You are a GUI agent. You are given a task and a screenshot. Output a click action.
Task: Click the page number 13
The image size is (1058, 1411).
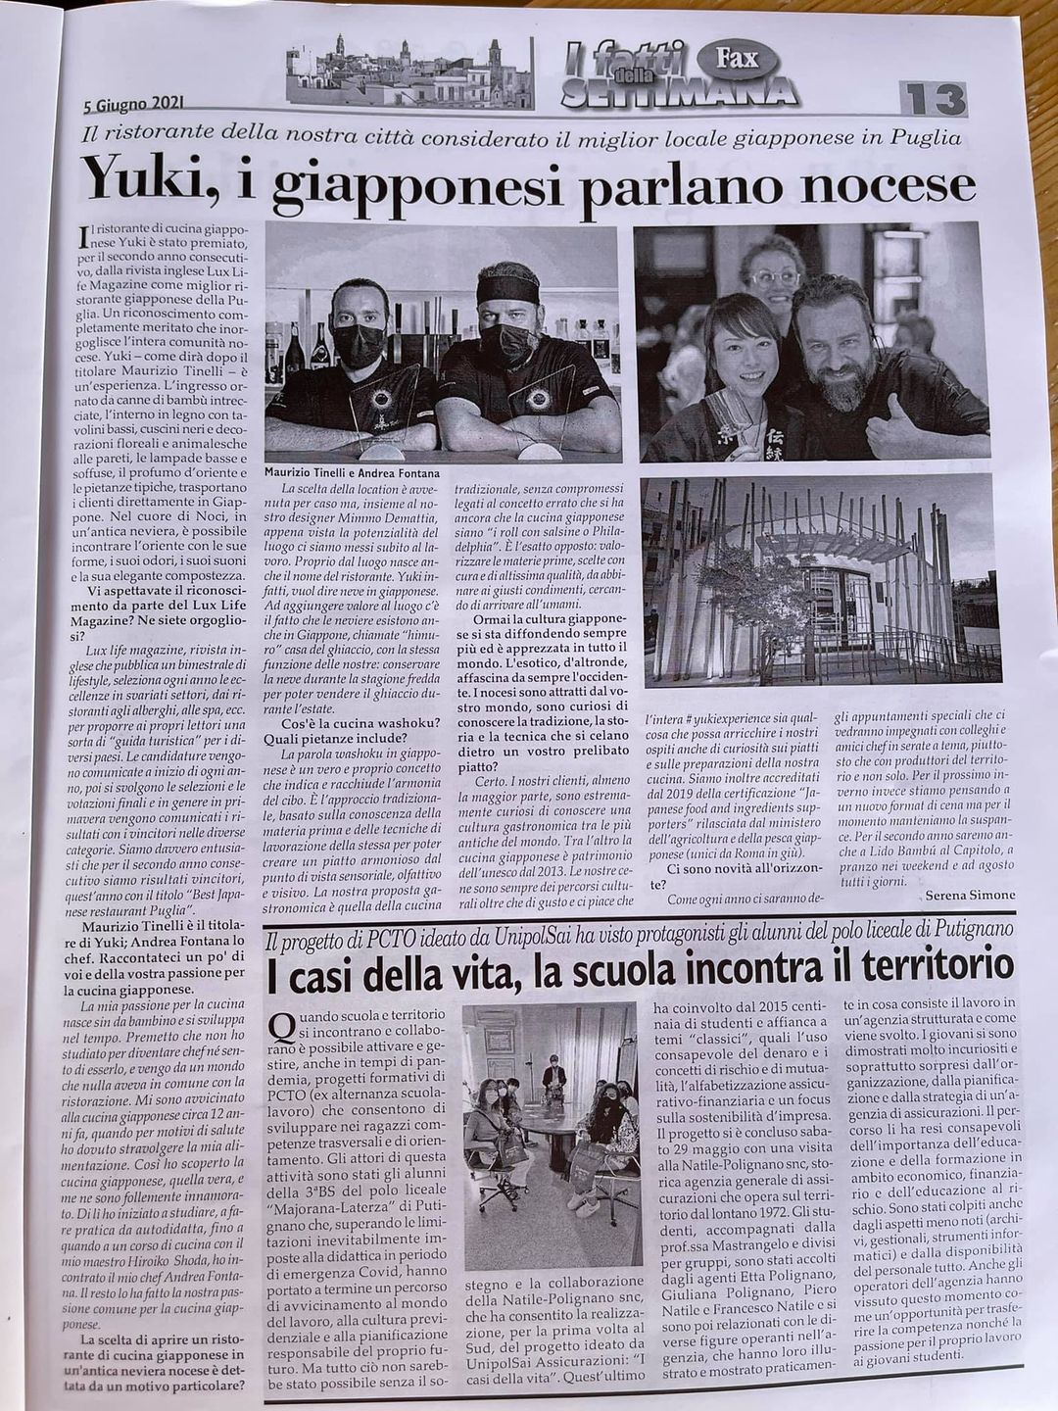tap(933, 100)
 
